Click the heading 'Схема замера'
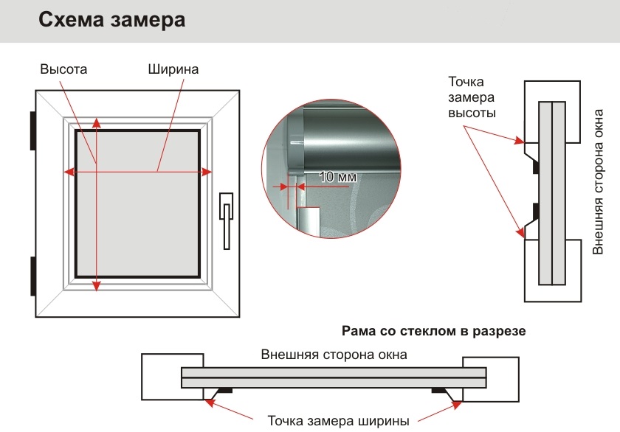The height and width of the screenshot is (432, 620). point(111,20)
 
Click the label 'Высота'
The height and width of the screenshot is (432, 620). point(64,69)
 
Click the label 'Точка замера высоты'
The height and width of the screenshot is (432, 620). point(472,97)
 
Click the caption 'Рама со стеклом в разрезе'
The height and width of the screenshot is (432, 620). point(433,331)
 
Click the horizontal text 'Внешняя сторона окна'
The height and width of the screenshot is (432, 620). point(334,355)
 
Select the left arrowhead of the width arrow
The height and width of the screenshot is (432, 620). point(68,172)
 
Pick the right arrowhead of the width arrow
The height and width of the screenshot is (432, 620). point(209,172)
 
